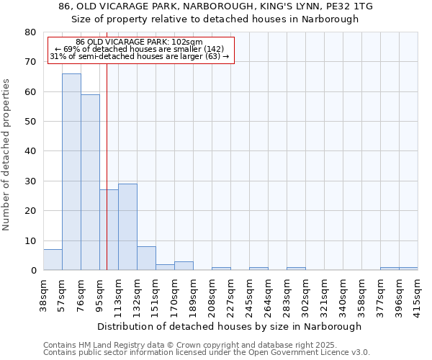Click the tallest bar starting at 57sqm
coord(71,172)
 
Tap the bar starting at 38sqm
coord(53,260)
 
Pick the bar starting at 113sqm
coord(127,227)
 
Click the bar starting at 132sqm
coord(146,258)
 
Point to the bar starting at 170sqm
coord(184,266)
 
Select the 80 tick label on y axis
coord(30,32)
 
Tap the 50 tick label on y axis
coord(30,122)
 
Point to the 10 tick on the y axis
coord(30,241)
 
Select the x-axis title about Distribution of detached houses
coord(229,326)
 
